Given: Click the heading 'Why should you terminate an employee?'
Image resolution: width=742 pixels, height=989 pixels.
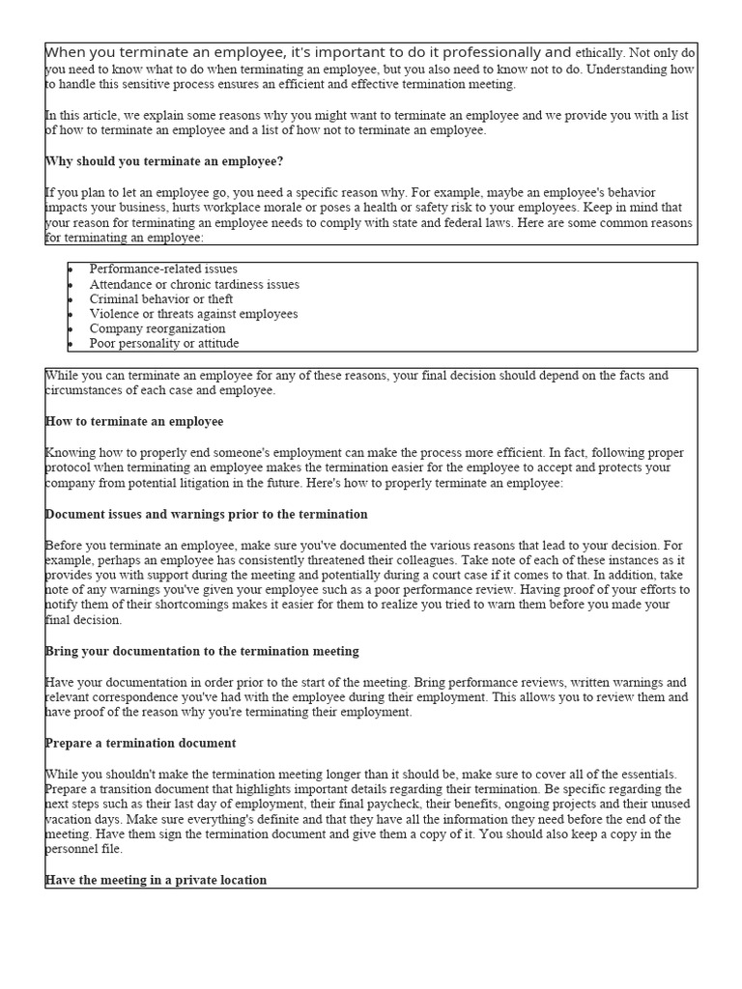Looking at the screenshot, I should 164,160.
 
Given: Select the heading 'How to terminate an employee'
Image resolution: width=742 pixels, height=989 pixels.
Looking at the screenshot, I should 134,422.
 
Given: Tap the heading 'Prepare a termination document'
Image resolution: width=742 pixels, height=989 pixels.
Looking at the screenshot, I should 140,743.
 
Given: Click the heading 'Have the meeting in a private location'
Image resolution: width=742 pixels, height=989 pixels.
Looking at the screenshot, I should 156,880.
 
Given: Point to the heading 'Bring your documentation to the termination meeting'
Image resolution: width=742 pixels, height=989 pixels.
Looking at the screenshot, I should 202,651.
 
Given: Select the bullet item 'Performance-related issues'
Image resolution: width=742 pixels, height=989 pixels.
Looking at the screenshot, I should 163,269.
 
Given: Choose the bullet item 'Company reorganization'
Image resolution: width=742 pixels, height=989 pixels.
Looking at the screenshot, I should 157,328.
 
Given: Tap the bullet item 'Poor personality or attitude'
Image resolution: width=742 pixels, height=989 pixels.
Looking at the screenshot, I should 164,343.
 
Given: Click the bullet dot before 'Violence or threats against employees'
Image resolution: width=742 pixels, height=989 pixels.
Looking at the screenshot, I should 71,314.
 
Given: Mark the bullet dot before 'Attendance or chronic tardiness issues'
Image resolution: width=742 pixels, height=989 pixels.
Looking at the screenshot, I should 71,285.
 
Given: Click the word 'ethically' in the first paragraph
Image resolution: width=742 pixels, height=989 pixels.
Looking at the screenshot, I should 599,53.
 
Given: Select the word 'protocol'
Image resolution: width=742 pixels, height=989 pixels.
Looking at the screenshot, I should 69,467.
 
